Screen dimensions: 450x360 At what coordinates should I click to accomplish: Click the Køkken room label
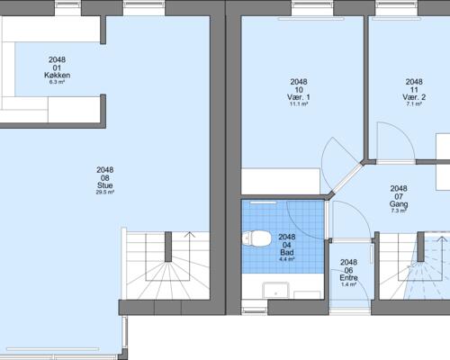[x=57, y=75]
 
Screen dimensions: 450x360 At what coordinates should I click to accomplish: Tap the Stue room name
[x=105, y=185]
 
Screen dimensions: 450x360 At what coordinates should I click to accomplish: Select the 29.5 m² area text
[x=105, y=193]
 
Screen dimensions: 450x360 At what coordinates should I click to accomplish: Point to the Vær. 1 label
[x=299, y=97]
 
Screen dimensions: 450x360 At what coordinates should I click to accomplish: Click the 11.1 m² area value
[x=299, y=104]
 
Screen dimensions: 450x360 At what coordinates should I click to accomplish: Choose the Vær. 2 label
[x=414, y=97]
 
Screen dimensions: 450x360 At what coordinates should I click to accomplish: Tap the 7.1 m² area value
[x=414, y=104]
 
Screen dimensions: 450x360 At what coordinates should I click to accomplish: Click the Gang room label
[x=399, y=204]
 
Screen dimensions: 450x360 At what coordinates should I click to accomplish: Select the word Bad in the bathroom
[x=287, y=252]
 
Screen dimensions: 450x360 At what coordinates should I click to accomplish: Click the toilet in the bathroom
[x=256, y=239]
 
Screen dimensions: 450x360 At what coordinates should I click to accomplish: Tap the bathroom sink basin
[x=276, y=291]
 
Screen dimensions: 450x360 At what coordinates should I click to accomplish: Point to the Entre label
[x=348, y=278]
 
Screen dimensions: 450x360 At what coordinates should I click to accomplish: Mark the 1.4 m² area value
[x=348, y=284]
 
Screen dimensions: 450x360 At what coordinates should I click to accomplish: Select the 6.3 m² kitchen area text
[x=57, y=82]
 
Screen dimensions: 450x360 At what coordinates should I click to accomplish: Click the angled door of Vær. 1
[x=346, y=179]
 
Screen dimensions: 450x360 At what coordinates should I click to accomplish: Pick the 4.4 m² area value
[x=287, y=259]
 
